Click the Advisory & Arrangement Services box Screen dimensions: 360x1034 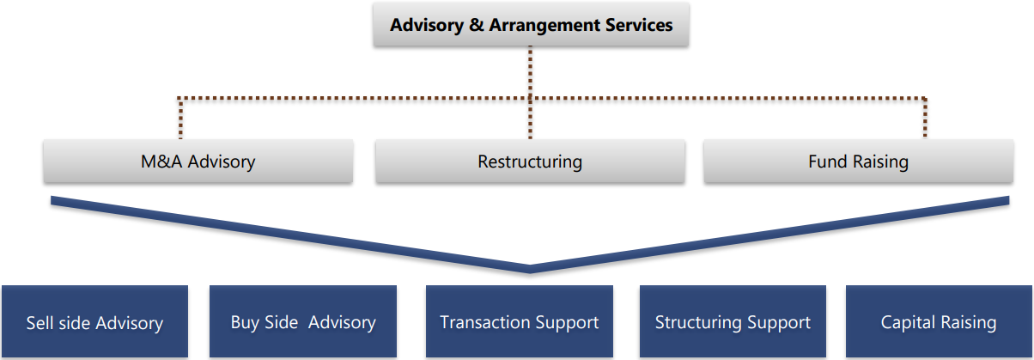(x=531, y=25)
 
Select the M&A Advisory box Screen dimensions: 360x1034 (x=198, y=161)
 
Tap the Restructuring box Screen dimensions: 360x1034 (x=530, y=161)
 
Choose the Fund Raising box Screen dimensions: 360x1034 (x=858, y=161)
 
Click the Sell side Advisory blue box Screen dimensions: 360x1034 (x=94, y=323)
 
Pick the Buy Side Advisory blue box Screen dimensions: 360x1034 (x=303, y=323)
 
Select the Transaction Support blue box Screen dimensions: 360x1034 (x=520, y=323)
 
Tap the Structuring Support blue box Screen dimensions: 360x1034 (x=733, y=323)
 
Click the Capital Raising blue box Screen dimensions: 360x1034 (x=939, y=323)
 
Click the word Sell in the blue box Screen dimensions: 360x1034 (x=41, y=323)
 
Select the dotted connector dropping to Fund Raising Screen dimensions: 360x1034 (x=925, y=119)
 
